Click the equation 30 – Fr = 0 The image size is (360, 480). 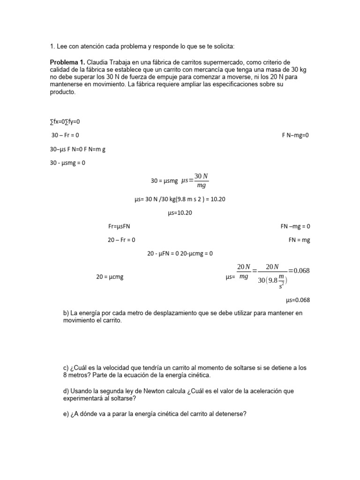65,135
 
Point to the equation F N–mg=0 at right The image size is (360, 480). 295,135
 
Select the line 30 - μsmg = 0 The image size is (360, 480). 67,163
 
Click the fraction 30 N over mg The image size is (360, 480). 201,180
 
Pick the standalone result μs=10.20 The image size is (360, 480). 180,213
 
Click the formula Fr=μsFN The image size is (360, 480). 119,226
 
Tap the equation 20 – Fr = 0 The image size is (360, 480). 121,240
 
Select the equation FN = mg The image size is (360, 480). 299,240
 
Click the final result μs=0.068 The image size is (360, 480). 298,300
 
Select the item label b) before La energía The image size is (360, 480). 66,313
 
